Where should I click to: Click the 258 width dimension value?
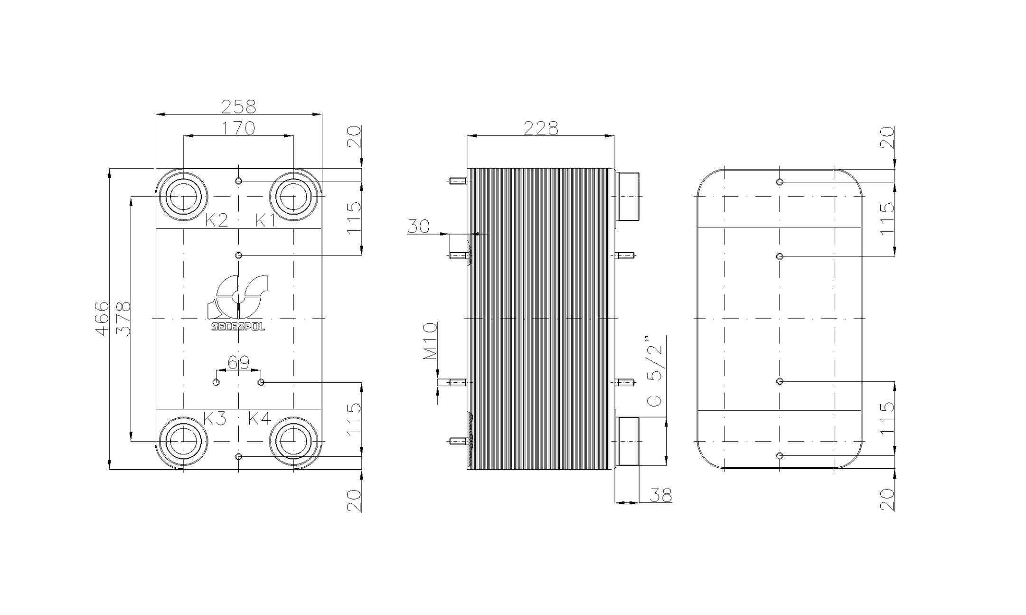(x=239, y=106)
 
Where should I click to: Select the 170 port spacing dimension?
(x=239, y=128)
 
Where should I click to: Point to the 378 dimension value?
(x=123, y=319)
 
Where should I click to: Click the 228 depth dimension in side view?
(x=541, y=128)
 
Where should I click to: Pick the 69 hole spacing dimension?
(x=238, y=362)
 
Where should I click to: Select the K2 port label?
(x=216, y=220)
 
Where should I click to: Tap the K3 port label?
(x=215, y=418)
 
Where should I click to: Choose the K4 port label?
(x=260, y=418)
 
